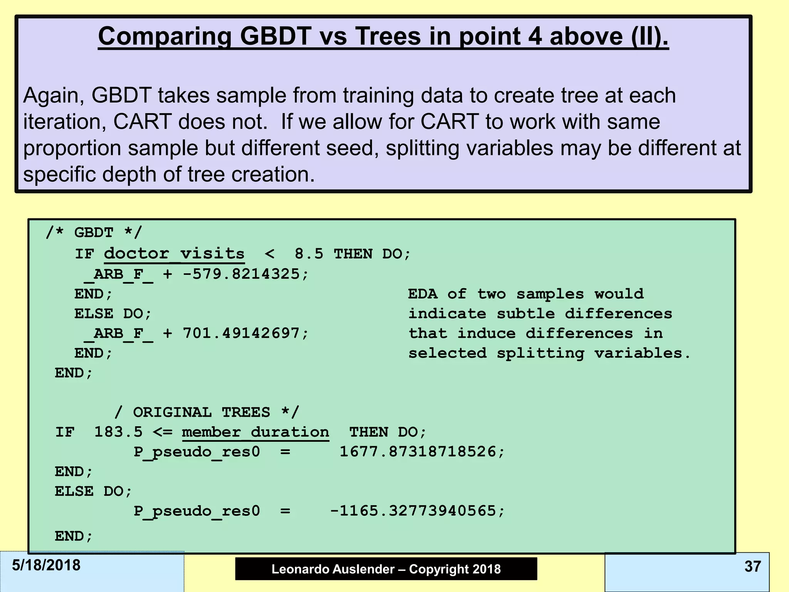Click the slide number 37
[x=752, y=567]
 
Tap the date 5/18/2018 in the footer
[x=46, y=565]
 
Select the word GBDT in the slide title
[x=275, y=36]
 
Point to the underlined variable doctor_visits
[x=174, y=254]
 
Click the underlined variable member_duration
[x=255, y=432]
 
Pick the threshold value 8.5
[x=309, y=254]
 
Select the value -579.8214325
[x=241, y=274]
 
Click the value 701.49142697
[x=241, y=333]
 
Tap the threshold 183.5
[x=118, y=432]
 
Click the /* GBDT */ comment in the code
[x=94, y=233]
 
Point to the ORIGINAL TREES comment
[x=206, y=412]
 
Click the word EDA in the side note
[x=423, y=294]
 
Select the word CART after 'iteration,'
[x=142, y=122]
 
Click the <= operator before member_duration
[x=162, y=432]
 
